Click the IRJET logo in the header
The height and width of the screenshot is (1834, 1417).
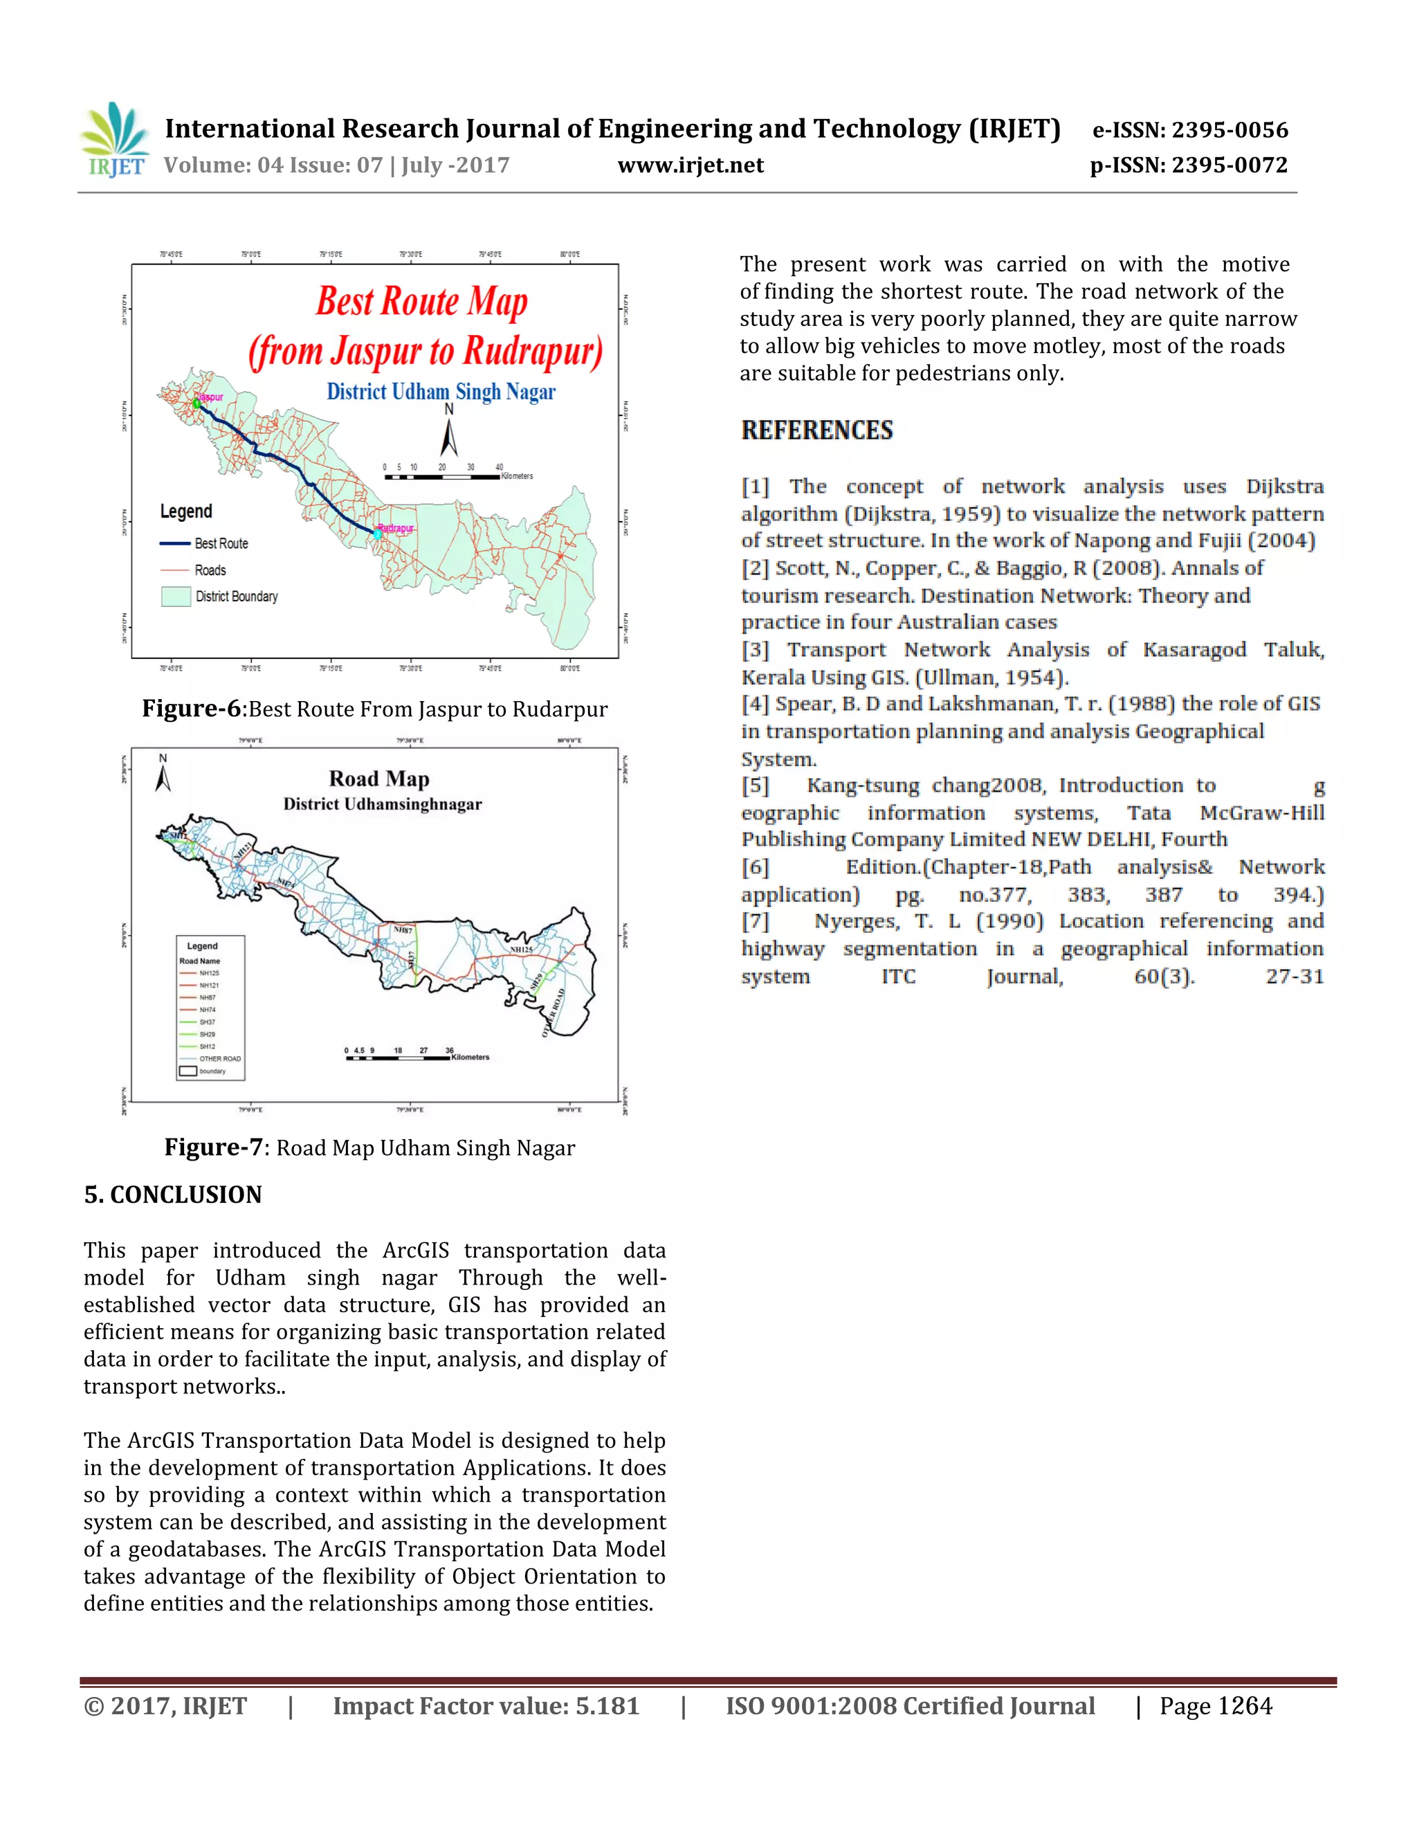coord(114,140)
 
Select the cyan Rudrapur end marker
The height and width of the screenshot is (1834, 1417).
coord(377,533)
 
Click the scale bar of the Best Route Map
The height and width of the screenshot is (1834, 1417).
coord(441,477)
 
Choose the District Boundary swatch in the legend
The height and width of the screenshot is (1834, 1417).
coord(176,596)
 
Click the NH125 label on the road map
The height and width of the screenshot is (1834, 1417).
coord(521,949)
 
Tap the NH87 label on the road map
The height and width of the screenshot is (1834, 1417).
coord(404,929)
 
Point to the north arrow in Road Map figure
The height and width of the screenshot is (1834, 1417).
coord(163,775)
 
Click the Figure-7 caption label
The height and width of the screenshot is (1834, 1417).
coord(213,1147)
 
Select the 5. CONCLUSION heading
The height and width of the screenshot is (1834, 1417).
coord(173,1195)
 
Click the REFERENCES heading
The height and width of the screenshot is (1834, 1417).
coord(817,430)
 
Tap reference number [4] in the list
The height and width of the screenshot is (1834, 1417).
coord(755,704)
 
